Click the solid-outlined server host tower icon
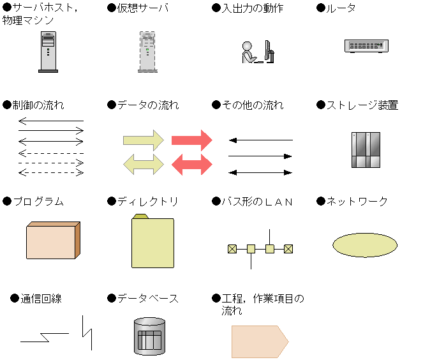click(48, 52)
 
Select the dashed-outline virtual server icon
click(147, 52)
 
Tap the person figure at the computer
click(249, 52)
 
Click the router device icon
click(366, 46)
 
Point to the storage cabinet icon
click(366, 150)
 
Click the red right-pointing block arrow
click(192, 140)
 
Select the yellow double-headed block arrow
click(144, 164)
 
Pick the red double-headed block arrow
click(192, 164)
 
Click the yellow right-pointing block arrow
click(144, 140)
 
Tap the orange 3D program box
click(53, 240)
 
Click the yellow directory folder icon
click(152, 241)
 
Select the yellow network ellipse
click(365, 245)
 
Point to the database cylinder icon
click(149, 336)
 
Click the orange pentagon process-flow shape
click(260, 341)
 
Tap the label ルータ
click(341, 8)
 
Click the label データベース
click(148, 299)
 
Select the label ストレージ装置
click(362, 105)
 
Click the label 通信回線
click(41, 299)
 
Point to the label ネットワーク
click(357, 202)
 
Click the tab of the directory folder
click(140, 216)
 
